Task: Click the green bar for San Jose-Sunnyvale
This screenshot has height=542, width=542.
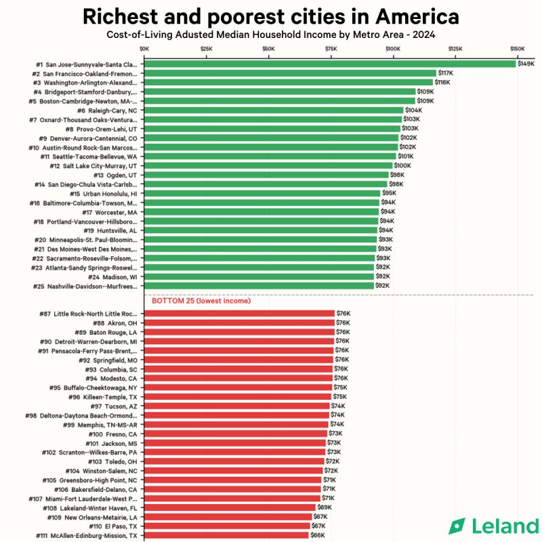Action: click(x=330, y=64)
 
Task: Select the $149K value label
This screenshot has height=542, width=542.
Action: click(x=526, y=64)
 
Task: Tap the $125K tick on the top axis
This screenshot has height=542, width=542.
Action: click(x=455, y=49)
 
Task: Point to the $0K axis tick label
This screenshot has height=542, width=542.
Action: click(x=144, y=49)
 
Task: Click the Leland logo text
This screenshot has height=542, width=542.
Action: click(x=503, y=526)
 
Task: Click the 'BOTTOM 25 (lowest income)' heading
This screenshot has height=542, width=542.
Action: click(x=201, y=300)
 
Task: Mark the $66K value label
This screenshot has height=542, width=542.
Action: click(x=318, y=535)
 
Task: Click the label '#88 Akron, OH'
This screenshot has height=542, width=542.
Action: click(x=112, y=322)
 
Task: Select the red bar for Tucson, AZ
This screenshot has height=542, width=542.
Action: click(x=237, y=406)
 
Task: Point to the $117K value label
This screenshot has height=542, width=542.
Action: click(x=446, y=73)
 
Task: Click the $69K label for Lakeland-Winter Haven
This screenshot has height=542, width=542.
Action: click(x=325, y=507)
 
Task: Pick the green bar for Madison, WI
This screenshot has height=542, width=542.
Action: click(x=259, y=276)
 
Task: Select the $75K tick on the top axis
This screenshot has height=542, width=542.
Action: click(x=331, y=49)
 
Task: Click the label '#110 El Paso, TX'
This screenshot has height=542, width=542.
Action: click(x=112, y=526)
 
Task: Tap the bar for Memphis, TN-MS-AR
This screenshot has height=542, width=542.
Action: click(x=236, y=424)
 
